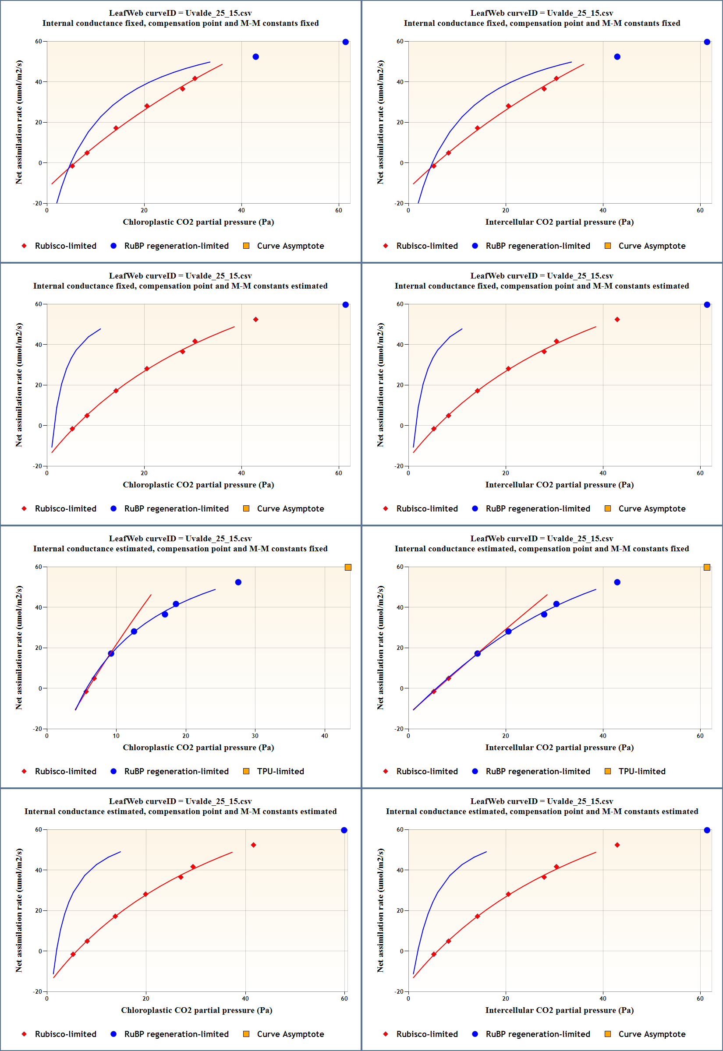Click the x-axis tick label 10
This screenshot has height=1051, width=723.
point(116,736)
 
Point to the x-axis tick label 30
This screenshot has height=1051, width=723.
point(255,736)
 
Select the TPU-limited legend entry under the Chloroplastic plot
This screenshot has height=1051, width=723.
point(280,771)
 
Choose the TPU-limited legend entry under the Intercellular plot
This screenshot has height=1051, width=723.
point(641,771)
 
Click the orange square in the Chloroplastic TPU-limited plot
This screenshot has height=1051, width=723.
point(348,567)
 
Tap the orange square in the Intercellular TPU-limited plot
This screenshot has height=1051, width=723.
point(707,567)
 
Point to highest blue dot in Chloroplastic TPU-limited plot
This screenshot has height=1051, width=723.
point(238,582)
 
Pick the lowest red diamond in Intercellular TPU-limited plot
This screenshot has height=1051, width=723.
point(433,691)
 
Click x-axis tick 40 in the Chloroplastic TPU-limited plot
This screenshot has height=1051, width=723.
point(324,736)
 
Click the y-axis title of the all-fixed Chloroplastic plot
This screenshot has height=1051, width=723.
point(18,122)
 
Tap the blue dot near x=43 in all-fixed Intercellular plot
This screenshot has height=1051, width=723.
point(617,56)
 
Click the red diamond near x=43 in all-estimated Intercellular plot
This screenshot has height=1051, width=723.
point(617,845)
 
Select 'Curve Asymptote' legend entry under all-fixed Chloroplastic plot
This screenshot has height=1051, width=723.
point(290,246)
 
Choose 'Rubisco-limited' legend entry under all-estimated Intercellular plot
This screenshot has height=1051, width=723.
point(427,1034)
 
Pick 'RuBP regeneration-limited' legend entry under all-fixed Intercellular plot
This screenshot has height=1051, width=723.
point(538,246)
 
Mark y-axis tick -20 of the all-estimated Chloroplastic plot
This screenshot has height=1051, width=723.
point(38,991)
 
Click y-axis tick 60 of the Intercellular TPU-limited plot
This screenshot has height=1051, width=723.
point(400,567)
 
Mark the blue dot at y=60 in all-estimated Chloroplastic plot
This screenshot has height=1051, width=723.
point(344,830)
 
